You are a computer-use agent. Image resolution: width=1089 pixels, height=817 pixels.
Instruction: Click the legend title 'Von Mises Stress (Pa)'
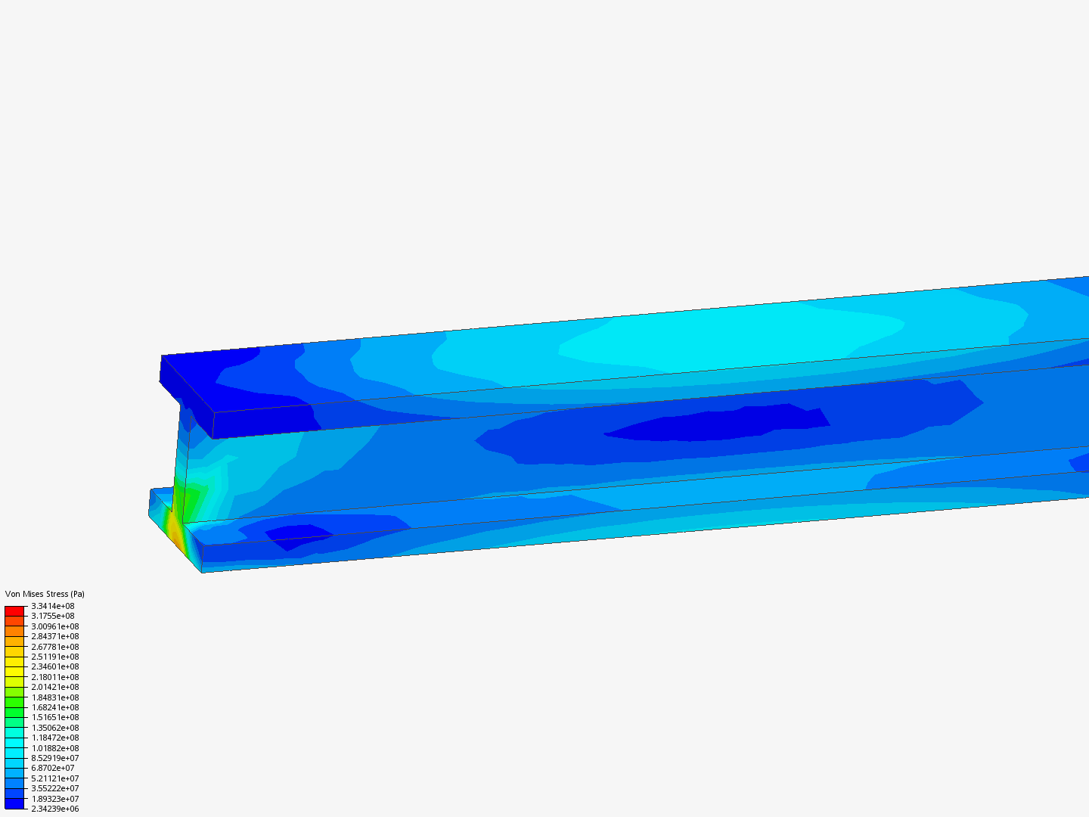pos(45,594)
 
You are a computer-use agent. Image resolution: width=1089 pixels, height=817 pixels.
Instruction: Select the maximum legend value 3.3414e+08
pos(52,606)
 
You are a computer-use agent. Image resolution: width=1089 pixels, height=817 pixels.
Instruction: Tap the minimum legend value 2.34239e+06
pos(54,809)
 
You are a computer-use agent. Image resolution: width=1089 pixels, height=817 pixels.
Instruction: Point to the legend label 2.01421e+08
pos(54,687)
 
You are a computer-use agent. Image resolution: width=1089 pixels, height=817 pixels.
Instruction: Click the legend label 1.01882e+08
pos(54,748)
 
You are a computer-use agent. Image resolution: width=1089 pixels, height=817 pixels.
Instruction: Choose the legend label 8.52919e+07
pos(54,758)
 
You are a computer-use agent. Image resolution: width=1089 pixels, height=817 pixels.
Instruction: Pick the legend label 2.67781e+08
pos(54,647)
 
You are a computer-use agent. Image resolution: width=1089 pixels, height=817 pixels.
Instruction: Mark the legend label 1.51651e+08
pos(54,717)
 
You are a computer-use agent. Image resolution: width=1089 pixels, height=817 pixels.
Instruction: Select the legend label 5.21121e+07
pos(54,778)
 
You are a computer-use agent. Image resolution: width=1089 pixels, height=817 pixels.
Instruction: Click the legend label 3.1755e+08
pos(52,616)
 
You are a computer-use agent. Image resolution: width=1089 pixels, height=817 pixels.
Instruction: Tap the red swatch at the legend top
pos(14,610)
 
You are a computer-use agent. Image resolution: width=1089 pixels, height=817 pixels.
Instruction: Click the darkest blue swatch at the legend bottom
pos(14,803)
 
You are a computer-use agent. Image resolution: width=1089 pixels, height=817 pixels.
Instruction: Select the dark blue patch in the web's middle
pos(703,426)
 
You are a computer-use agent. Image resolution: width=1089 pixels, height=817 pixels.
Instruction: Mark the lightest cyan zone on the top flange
pos(726,337)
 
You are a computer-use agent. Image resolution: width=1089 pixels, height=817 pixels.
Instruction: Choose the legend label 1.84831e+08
pos(54,697)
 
